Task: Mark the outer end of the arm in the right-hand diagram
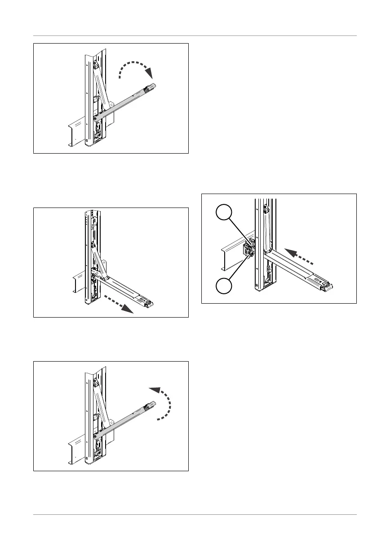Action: pyautogui.click(x=328, y=286)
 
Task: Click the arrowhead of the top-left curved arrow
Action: pyautogui.click(x=149, y=73)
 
